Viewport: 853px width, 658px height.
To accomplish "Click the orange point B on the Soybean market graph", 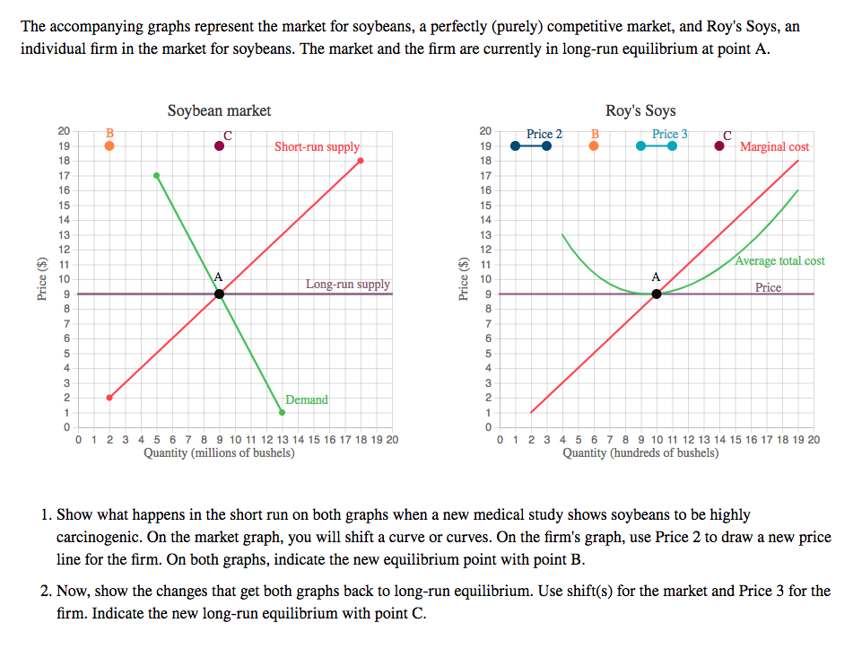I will [109, 146].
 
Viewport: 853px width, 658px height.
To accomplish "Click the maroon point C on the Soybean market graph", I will [220, 146].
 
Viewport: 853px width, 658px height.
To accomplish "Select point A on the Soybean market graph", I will [220, 294].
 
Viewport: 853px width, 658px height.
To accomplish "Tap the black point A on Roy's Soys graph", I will [657, 294].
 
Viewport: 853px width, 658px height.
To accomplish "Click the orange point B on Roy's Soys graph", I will [594, 146].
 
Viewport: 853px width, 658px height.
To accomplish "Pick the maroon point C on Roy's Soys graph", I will [720, 146].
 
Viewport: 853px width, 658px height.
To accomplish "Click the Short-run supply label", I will [317, 146].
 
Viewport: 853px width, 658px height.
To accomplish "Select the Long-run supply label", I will [347, 285].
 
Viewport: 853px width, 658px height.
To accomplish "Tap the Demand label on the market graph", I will [306, 399].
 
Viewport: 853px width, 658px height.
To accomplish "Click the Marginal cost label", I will [774, 146].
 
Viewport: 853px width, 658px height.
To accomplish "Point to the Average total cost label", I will [779, 261].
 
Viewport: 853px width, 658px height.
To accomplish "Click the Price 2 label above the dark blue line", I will [544, 134].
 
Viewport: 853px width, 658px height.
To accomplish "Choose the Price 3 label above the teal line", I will [669, 134].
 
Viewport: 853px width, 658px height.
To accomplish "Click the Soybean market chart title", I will [219, 110].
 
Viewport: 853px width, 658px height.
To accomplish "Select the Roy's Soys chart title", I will [640, 110].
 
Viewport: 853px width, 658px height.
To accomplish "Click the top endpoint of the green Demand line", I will [157, 176].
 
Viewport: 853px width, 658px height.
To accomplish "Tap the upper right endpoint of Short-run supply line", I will [361, 162].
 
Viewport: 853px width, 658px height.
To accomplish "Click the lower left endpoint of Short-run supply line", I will [109, 397].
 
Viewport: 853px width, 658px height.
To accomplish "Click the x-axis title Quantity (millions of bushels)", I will [219, 453].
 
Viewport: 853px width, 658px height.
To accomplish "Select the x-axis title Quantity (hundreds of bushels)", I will [640, 453].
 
